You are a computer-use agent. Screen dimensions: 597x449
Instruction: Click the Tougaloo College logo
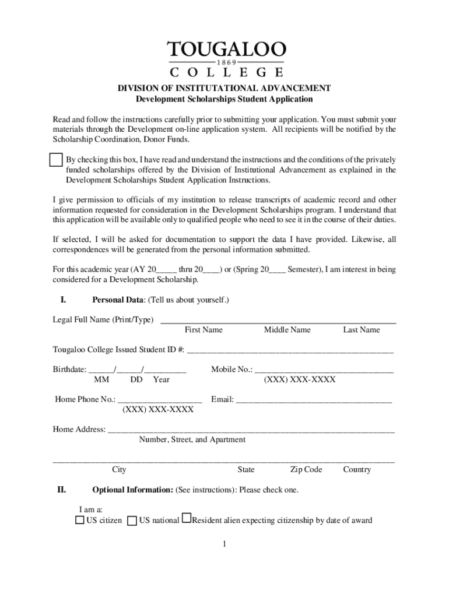pyautogui.click(x=226, y=59)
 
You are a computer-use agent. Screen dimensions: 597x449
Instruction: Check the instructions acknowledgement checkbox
pyautogui.click(x=56, y=160)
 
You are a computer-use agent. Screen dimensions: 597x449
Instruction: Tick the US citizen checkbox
pyautogui.click(x=80, y=520)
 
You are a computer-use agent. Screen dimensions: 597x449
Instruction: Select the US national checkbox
pyautogui.click(x=132, y=520)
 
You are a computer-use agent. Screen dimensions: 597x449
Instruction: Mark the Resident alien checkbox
pyautogui.click(x=187, y=518)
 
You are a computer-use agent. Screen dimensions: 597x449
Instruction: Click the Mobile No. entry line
pyautogui.click(x=324, y=371)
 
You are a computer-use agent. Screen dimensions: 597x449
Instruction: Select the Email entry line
pyautogui.click(x=314, y=402)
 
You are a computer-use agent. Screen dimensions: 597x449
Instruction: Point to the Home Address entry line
pyautogui.click(x=251, y=432)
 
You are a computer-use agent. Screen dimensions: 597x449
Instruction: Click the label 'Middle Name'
pyautogui.click(x=287, y=330)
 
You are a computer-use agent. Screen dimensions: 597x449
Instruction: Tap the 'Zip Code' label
pyautogui.click(x=306, y=470)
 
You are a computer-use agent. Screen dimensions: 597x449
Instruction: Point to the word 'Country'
pyautogui.click(x=357, y=470)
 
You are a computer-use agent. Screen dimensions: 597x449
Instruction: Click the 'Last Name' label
pyautogui.click(x=362, y=330)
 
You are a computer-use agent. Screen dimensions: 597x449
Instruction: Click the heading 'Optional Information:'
pyautogui.click(x=133, y=490)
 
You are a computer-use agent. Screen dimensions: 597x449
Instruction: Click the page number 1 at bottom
pyautogui.click(x=223, y=545)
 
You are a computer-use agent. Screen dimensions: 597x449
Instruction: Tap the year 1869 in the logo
pyautogui.click(x=226, y=62)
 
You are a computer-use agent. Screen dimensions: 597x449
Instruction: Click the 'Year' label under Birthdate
pyautogui.click(x=162, y=380)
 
